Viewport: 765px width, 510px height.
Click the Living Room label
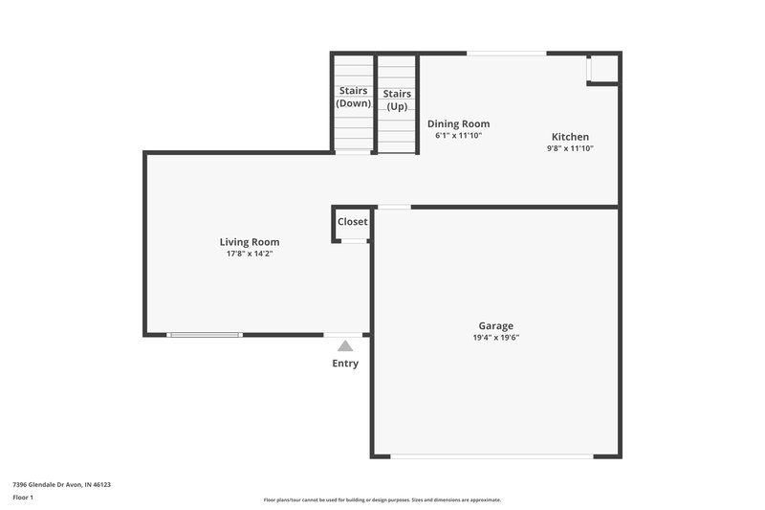click(250, 242)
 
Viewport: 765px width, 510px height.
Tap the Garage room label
click(496, 325)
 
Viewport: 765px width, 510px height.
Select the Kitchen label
click(570, 137)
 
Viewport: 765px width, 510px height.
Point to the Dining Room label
click(458, 123)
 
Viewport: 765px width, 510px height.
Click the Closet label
click(352, 222)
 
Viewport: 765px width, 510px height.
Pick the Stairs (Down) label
click(353, 97)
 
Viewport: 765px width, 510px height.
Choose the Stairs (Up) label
click(397, 100)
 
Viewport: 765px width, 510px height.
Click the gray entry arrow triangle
click(345, 345)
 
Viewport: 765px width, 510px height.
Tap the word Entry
click(345, 364)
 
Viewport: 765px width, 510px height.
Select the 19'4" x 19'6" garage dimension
click(496, 338)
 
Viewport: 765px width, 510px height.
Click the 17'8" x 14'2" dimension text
click(250, 255)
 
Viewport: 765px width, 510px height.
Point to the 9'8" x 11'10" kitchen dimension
click(570, 148)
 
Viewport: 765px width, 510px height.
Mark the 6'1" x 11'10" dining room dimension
click(458, 136)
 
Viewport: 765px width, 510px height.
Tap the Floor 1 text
click(23, 499)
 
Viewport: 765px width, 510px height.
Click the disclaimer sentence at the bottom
click(382, 499)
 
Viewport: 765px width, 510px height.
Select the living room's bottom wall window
click(205, 335)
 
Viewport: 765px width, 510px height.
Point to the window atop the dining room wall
click(506, 53)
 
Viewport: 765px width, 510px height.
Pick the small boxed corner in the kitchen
click(602, 68)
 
